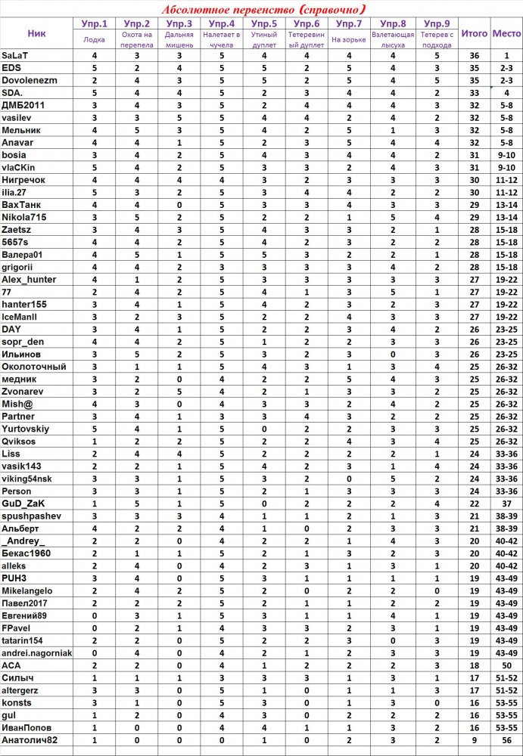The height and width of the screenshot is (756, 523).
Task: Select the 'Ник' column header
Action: pos(36,33)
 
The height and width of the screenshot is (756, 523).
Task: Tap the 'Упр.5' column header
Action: pos(264,24)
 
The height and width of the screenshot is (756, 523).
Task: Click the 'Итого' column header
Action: pos(475,33)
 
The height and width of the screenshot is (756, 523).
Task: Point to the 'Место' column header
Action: pos(506,33)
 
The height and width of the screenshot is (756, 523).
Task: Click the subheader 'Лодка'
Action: pos(95,39)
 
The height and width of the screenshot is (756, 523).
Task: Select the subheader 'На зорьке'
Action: pos(347,39)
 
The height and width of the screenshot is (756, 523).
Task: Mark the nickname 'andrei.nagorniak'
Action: pos(37,652)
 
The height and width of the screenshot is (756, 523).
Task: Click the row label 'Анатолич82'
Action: pos(30,739)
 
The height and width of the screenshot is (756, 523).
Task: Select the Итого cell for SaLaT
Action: pos(475,56)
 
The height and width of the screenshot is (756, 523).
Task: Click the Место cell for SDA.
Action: pos(506,92)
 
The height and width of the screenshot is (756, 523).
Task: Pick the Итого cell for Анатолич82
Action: pos(475,739)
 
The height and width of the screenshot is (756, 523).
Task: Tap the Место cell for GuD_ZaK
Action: pos(506,503)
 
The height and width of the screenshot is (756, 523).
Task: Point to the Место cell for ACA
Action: pos(506,665)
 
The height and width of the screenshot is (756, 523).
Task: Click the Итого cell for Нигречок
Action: pos(475,179)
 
